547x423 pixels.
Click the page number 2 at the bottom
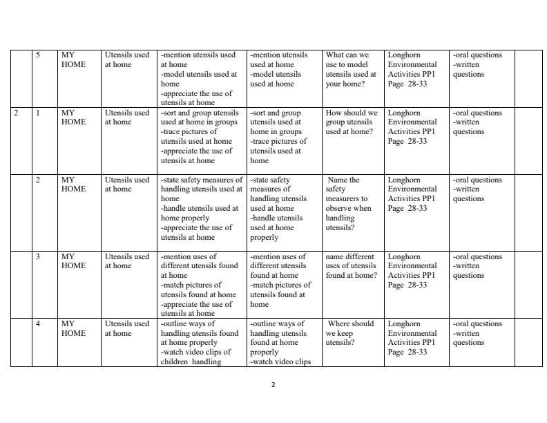coord(273,385)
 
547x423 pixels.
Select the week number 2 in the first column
coord(16,113)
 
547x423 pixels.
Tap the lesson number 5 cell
coord(39,55)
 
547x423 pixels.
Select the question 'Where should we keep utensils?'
coord(351,332)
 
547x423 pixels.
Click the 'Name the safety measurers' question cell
coord(349,203)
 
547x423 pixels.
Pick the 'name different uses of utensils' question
coord(352,265)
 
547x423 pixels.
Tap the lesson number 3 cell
coord(38,256)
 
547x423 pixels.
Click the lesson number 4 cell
coord(38,323)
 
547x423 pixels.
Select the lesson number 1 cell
coord(38,113)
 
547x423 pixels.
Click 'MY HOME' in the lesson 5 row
coord(73,59)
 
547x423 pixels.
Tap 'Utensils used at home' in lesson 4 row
coord(127,328)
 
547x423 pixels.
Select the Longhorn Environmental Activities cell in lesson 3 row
coord(412,270)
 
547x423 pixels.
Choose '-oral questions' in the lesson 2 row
coord(477,180)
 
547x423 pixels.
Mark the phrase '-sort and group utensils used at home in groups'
coord(200,117)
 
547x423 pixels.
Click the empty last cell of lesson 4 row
coord(528,342)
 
